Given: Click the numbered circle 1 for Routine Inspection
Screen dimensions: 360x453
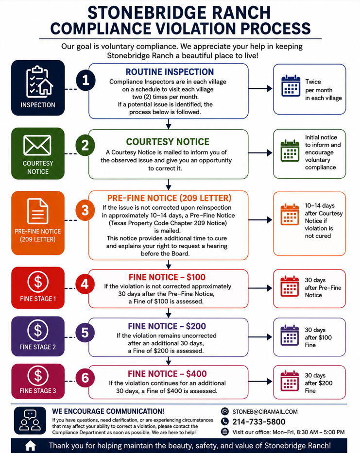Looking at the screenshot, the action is tap(86, 80).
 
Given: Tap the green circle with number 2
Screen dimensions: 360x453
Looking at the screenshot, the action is tap(85, 145).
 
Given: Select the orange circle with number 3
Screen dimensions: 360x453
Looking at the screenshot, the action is tap(85, 210).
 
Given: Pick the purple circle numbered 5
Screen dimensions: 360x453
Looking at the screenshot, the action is tap(85, 333).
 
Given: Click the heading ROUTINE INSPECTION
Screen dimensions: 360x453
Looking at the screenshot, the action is tap(170, 72).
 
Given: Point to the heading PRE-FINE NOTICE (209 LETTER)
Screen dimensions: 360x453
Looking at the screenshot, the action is tap(170, 198).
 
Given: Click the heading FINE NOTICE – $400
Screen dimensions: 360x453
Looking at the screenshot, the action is tap(168, 374).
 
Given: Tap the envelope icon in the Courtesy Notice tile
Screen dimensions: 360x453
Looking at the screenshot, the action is tap(37, 145).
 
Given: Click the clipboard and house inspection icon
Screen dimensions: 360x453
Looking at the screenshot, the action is tap(39, 82).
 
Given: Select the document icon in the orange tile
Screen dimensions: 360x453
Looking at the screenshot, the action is tap(37, 211).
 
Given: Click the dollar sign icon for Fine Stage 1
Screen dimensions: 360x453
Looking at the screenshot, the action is tap(38, 282).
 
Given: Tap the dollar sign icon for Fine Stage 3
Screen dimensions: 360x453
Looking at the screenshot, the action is tap(38, 376).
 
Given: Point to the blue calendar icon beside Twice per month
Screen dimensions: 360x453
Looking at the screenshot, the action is tap(291, 86).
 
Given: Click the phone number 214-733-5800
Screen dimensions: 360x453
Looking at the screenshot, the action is tap(259, 422).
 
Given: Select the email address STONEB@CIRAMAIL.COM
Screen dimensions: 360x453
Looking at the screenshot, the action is tap(265, 412).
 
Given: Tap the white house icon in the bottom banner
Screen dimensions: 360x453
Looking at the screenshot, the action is tap(30, 446).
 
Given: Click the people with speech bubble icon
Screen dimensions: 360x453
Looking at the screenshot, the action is tap(30, 420).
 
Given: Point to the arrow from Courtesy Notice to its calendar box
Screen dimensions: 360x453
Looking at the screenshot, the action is tap(260, 153).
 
